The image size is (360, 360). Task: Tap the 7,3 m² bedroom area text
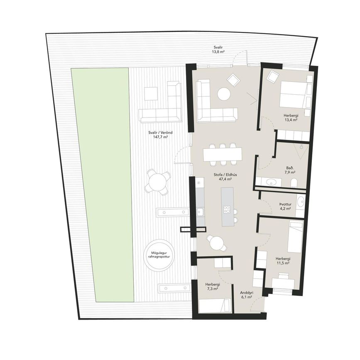click(x=213, y=289)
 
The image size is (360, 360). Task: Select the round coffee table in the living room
click(x=224, y=94)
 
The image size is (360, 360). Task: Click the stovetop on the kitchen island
click(x=227, y=209)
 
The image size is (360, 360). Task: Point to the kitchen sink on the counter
click(x=200, y=211)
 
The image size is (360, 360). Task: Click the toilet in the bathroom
click(x=294, y=183)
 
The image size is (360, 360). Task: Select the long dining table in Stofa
click(x=223, y=154)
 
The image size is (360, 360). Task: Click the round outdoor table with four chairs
click(x=157, y=182)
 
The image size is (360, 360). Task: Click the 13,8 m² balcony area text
click(x=218, y=52)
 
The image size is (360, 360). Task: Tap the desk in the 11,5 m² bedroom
click(x=283, y=282)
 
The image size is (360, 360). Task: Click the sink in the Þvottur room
click(x=300, y=202)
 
